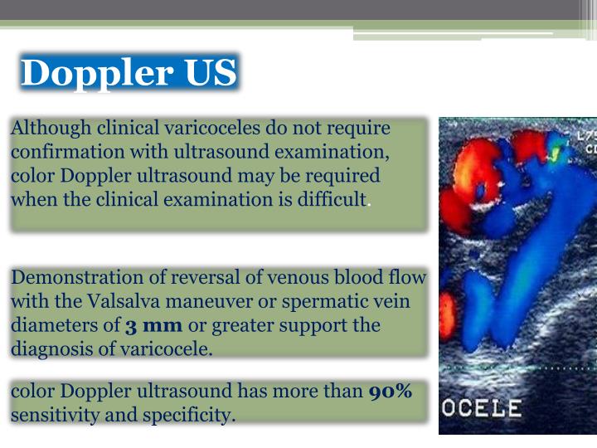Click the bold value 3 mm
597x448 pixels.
coord(153,324)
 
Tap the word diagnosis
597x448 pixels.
coord(47,348)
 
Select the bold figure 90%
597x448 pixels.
coord(390,391)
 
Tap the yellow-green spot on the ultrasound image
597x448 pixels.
coord(555,153)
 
